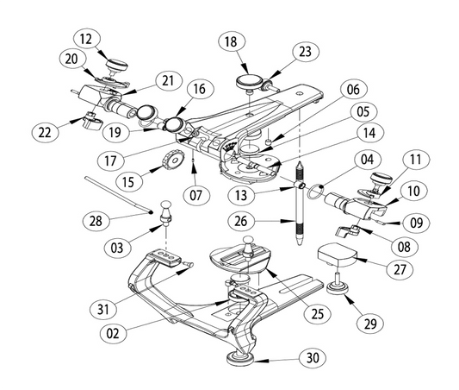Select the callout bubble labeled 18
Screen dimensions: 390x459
point(231,41)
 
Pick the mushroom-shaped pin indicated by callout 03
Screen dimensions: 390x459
point(163,211)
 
